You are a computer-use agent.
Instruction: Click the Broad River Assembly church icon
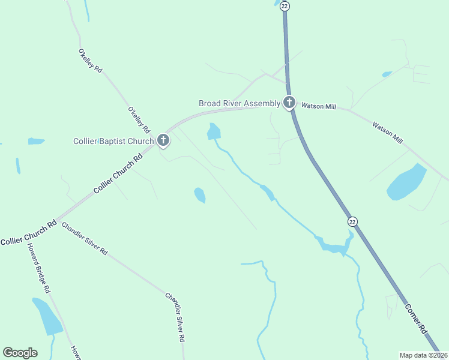[x=289, y=103]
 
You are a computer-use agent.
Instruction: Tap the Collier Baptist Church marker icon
[x=163, y=141]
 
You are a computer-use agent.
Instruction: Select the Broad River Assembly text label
[x=240, y=103]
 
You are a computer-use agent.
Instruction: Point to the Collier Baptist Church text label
[x=113, y=142]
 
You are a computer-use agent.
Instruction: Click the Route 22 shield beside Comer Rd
[x=352, y=221]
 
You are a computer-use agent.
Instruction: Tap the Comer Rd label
[x=415, y=319]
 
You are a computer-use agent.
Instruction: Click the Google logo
[x=20, y=353]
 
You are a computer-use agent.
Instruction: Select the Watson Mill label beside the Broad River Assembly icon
[x=318, y=106]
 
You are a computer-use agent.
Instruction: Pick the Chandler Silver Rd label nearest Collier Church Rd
[x=84, y=239]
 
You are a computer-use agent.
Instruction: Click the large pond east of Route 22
[x=406, y=182]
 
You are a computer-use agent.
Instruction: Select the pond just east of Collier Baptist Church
[x=213, y=131]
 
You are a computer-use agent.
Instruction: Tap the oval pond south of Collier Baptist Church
[x=200, y=195]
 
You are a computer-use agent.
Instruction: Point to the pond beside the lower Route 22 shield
[x=334, y=246]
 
